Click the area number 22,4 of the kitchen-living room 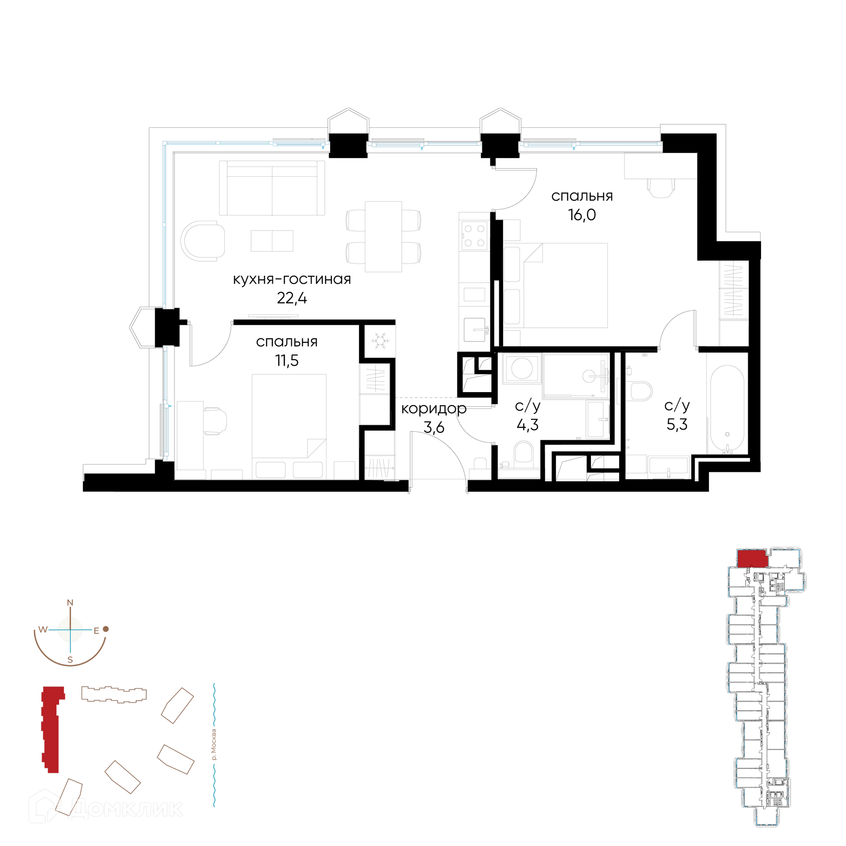pyautogui.click(x=292, y=298)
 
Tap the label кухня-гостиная pyautogui.click(x=292, y=279)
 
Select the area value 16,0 pyautogui.click(x=582, y=215)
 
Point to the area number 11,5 pyautogui.click(x=287, y=360)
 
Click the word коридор pyautogui.click(x=434, y=409)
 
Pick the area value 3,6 pyautogui.click(x=434, y=427)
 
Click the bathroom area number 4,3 pyautogui.click(x=527, y=425)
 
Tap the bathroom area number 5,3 pyautogui.click(x=677, y=424)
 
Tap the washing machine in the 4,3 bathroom pyautogui.click(x=522, y=368)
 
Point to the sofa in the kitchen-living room pyautogui.click(x=272, y=188)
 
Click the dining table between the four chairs pyautogui.click(x=383, y=237)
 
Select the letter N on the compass pyautogui.click(x=70, y=602)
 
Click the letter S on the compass pyautogui.click(x=70, y=660)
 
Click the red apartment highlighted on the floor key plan pyautogui.click(x=753, y=558)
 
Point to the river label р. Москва pyautogui.click(x=214, y=745)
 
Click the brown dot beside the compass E pyautogui.click(x=106, y=629)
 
